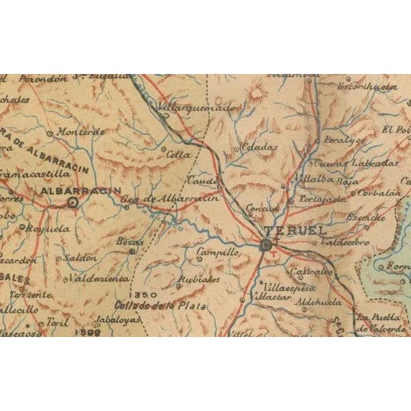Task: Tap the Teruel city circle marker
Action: pyautogui.click(x=266, y=244)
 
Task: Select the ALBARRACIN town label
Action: pyautogui.click(x=81, y=190)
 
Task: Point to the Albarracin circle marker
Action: pyautogui.click(x=73, y=202)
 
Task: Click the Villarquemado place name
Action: pyautogui.click(x=197, y=108)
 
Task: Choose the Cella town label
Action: pyautogui.click(x=179, y=154)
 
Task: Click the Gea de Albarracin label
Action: pyautogui.click(x=170, y=199)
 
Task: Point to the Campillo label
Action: pyautogui.click(x=217, y=253)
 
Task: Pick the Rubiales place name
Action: pyautogui.click(x=199, y=280)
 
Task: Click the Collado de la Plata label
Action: pyautogui.click(x=160, y=306)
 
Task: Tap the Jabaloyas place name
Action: pyautogui.click(x=119, y=319)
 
